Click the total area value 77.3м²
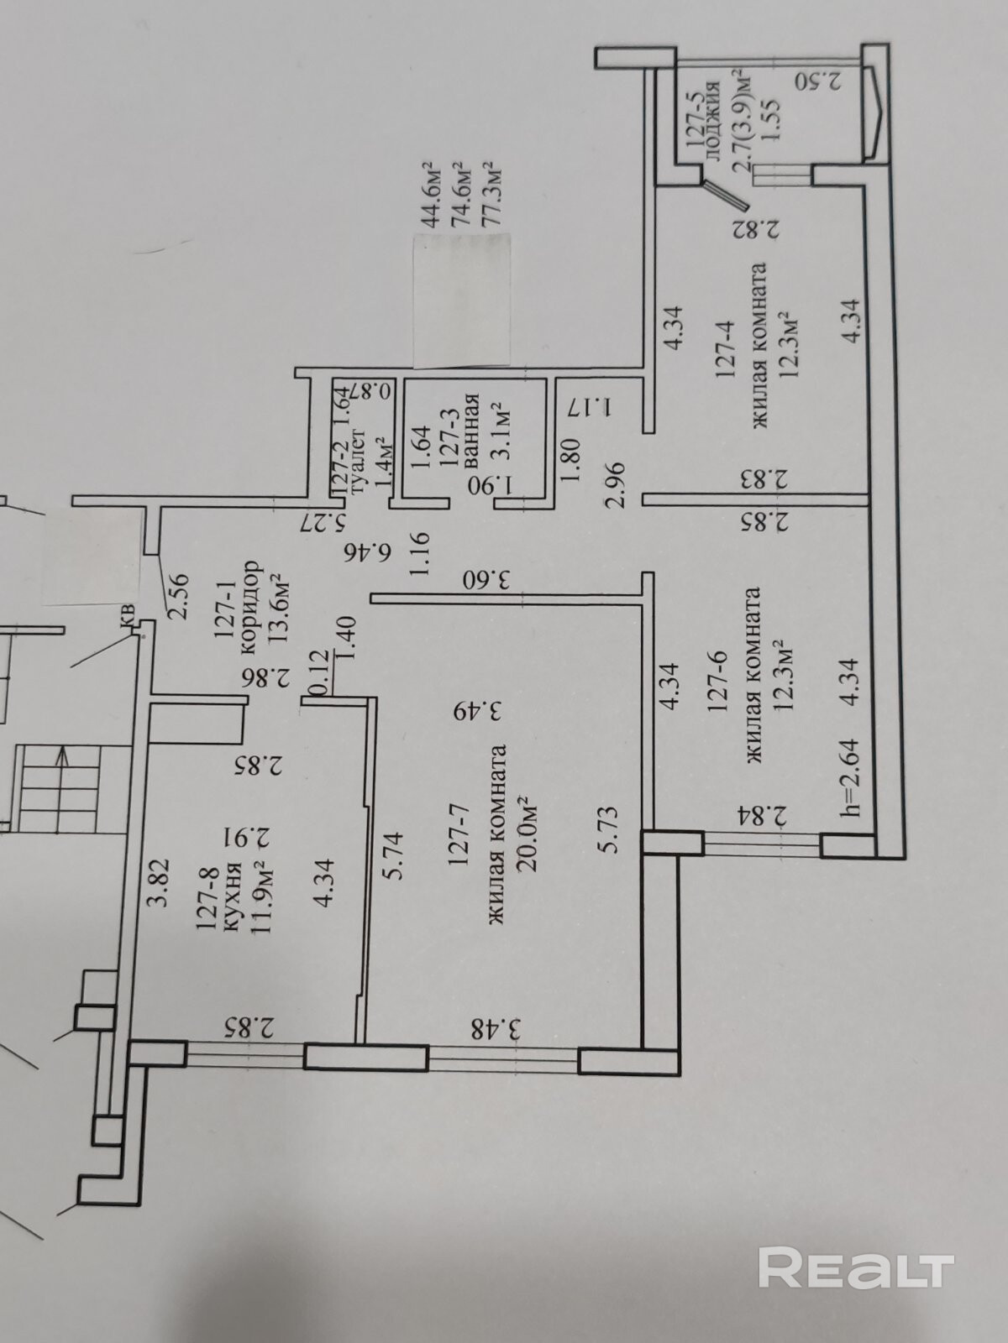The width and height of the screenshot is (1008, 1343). click(x=495, y=195)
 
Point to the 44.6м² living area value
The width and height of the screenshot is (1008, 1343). click(x=431, y=195)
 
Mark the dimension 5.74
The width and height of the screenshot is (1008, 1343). click(x=393, y=854)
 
